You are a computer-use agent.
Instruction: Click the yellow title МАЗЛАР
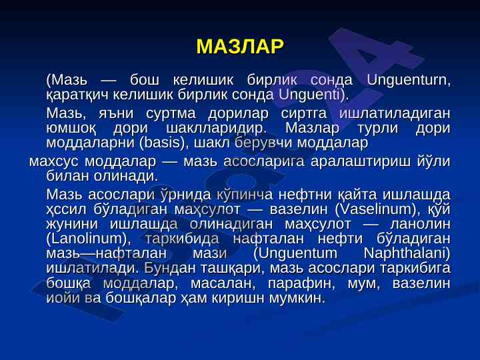pyautogui.click(x=240, y=47)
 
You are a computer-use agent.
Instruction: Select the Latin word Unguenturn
pyautogui.click(x=409, y=81)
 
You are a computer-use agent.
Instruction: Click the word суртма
pyautogui.click(x=171, y=114)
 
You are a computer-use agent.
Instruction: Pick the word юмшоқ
pyautogui.click(x=71, y=129)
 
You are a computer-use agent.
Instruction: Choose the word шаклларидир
pyautogui.click(x=216, y=129)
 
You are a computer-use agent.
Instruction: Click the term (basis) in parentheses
pyautogui.click(x=162, y=143)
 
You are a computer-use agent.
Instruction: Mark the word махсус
pyautogui.click(x=54, y=162)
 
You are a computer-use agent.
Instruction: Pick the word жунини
pyautogui.click(x=72, y=225)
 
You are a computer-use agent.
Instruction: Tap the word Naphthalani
pyautogui.click(x=407, y=253)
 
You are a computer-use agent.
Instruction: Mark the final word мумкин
pyautogui.click(x=297, y=298)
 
